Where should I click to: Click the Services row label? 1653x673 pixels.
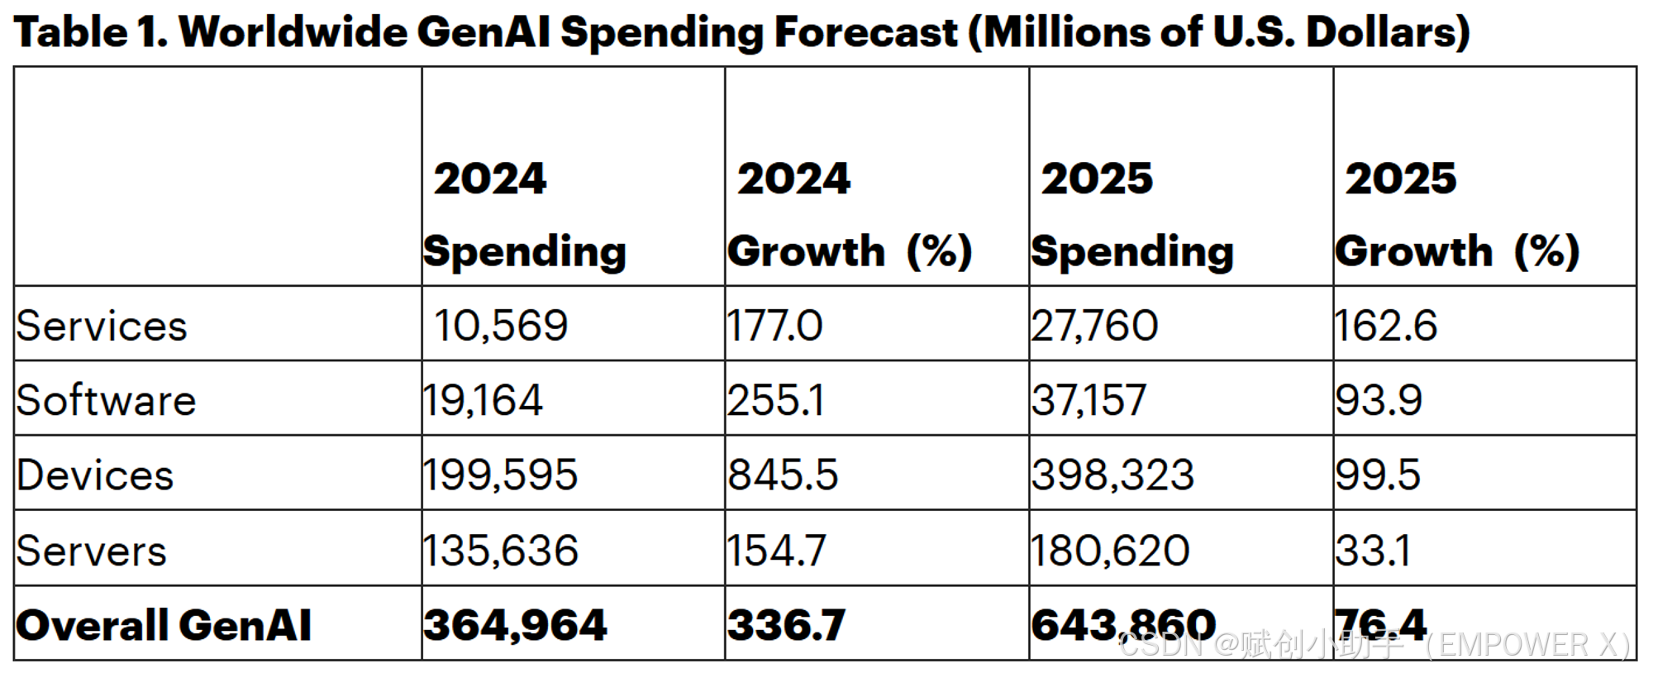coord(102,326)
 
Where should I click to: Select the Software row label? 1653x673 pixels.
coord(106,401)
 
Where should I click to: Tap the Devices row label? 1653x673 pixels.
coord(95,475)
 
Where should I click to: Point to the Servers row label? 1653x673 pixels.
coord(91,551)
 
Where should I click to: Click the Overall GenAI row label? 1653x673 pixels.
coord(164,625)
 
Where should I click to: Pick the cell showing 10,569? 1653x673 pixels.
coord(501,326)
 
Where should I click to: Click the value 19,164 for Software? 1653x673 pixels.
coord(483,401)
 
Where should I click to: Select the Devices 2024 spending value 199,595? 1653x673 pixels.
coord(500,475)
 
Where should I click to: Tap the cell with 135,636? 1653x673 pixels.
coord(500,551)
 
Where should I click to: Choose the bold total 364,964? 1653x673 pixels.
coord(515,625)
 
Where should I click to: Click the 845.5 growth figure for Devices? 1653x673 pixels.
coord(783,475)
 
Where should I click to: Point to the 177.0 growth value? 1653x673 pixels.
coord(774,326)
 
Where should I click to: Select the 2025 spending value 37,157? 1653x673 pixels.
coord(1089,401)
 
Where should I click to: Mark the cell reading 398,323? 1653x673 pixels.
coord(1112,475)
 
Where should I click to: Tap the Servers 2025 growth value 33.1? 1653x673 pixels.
coord(1373,551)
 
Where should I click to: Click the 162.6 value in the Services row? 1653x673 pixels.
coord(1386,326)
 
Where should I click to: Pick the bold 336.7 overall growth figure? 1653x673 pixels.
coord(786,625)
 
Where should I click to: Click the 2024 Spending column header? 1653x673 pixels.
coord(524,215)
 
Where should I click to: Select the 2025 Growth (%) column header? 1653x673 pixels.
coord(1457,215)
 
